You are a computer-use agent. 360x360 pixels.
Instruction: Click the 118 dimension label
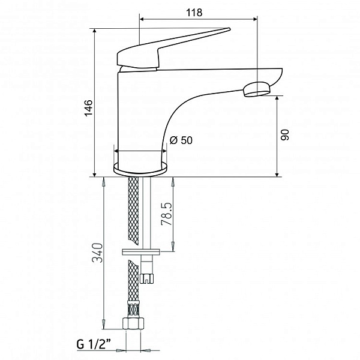tap(194, 13)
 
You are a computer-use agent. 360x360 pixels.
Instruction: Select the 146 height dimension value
tap(88, 108)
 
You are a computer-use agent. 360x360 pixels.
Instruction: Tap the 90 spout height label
tap(285, 135)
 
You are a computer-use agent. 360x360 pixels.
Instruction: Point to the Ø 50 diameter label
tap(181, 140)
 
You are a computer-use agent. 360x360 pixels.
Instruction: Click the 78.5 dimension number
tap(167, 214)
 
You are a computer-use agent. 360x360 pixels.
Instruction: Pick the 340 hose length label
tap(97, 253)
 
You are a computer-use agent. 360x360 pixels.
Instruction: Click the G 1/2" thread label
tap(94, 344)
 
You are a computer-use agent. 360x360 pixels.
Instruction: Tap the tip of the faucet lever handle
tap(229, 29)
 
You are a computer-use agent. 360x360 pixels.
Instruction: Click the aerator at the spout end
tap(256, 89)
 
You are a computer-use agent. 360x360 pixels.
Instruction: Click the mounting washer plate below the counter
tap(141, 252)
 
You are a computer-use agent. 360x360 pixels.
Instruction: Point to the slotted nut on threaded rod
tap(146, 278)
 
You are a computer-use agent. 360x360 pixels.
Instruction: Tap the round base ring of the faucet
tap(140, 169)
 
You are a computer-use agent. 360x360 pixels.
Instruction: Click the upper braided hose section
tap(133, 211)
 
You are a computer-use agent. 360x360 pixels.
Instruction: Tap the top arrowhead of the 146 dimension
tap(94, 31)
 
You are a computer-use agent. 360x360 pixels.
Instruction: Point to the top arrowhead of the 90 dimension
tap(277, 99)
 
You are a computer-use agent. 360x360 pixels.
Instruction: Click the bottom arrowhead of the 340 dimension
tap(104, 325)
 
